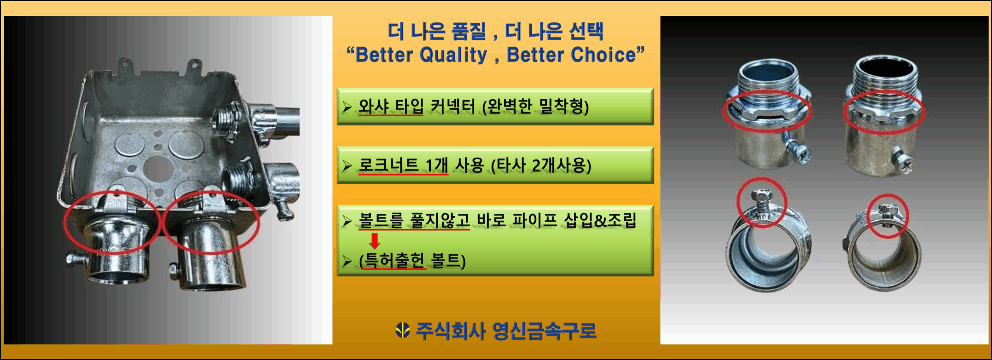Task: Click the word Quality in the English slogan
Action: click(x=453, y=55)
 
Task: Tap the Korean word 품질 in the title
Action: click(x=468, y=31)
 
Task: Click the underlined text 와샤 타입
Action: click(x=391, y=106)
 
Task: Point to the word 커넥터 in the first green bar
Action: click(x=453, y=106)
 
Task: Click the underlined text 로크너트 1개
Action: click(x=403, y=165)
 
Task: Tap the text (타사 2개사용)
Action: click(x=541, y=165)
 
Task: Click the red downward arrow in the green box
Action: click(x=375, y=241)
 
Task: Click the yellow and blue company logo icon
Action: click(x=403, y=330)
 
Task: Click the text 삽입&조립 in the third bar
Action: click(x=600, y=220)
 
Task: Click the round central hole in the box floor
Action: click(x=157, y=168)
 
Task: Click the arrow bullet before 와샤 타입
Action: click(x=347, y=107)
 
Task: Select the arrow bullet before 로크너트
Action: click(x=347, y=166)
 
